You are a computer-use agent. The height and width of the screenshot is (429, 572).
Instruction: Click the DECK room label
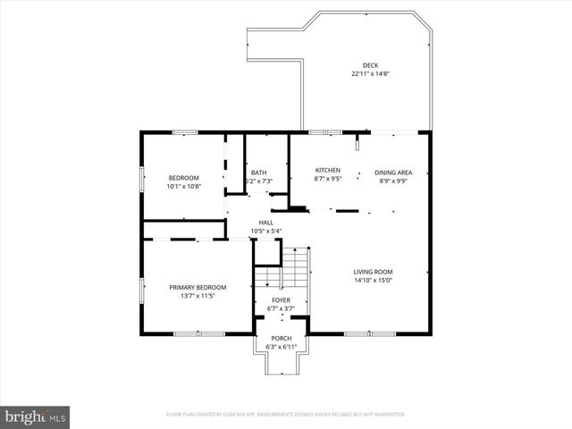pyautogui.click(x=370, y=65)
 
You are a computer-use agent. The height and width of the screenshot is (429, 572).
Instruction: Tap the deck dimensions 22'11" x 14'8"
pyautogui.click(x=370, y=74)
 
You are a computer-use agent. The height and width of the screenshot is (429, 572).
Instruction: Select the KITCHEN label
pyautogui.click(x=328, y=170)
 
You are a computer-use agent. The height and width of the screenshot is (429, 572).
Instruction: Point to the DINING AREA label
pyautogui.click(x=393, y=172)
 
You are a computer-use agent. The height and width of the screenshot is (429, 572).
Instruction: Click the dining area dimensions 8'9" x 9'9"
pyautogui.click(x=393, y=181)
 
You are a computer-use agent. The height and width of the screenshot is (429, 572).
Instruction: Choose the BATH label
pyautogui.click(x=258, y=172)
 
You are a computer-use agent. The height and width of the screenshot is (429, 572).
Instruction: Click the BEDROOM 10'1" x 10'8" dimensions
pyautogui.click(x=184, y=187)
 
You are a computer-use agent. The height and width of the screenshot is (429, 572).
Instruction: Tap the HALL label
pyautogui.click(x=266, y=223)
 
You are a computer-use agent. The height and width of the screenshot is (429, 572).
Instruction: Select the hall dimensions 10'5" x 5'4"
pyautogui.click(x=266, y=231)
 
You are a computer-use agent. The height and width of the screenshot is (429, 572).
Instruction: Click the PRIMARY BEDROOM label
pyautogui.click(x=198, y=287)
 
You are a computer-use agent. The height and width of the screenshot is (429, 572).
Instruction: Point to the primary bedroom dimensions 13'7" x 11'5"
pyautogui.click(x=198, y=296)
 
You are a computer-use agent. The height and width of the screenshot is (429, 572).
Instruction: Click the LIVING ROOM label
pyautogui.click(x=373, y=272)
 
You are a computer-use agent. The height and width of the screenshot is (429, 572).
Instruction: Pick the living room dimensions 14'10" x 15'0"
pyautogui.click(x=373, y=281)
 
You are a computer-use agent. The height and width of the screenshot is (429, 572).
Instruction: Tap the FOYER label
pyautogui.click(x=282, y=300)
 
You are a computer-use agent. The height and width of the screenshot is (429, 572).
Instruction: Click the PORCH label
pyautogui.click(x=282, y=337)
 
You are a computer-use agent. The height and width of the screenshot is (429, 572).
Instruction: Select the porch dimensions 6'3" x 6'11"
pyautogui.click(x=282, y=346)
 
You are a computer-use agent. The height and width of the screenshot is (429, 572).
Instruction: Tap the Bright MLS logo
pyautogui.click(x=36, y=416)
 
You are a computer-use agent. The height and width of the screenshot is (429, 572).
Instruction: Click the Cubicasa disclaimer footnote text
pyautogui.click(x=286, y=415)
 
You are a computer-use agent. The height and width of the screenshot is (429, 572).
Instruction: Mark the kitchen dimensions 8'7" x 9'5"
pyautogui.click(x=328, y=179)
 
